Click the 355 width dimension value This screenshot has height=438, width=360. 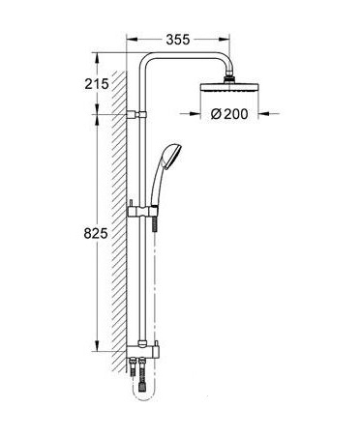178,40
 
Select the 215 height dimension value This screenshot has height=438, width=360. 97,84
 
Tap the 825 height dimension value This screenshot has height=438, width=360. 96,233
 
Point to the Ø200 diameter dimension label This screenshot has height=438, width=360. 229,114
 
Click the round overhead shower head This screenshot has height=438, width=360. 229,87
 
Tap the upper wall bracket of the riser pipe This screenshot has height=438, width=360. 136,114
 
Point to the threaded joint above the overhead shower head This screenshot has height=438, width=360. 229,79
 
